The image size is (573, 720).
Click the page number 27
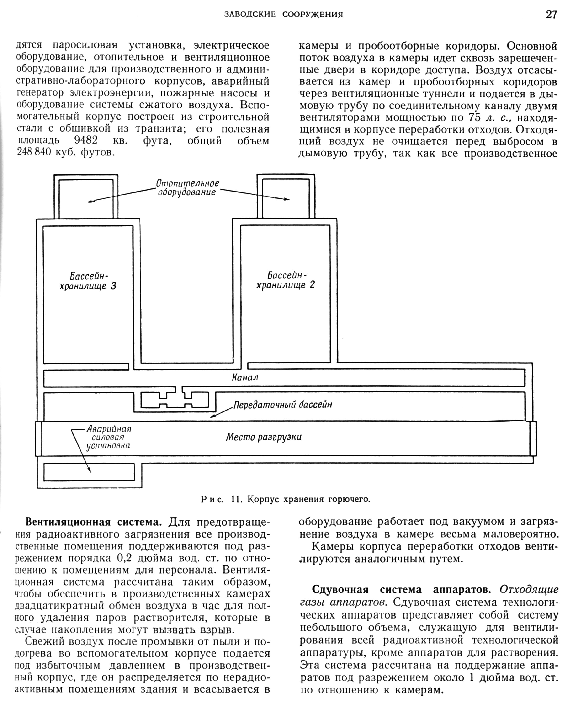[x=551, y=15]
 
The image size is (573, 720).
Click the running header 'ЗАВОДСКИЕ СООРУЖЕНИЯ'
[x=283, y=15]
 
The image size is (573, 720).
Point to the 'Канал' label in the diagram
[x=245, y=378]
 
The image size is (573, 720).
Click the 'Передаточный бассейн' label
[x=282, y=405]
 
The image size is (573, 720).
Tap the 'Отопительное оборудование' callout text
[x=188, y=188]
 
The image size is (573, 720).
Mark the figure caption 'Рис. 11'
[x=286, y=499]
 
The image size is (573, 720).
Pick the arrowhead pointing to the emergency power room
[x=90, y=471]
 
